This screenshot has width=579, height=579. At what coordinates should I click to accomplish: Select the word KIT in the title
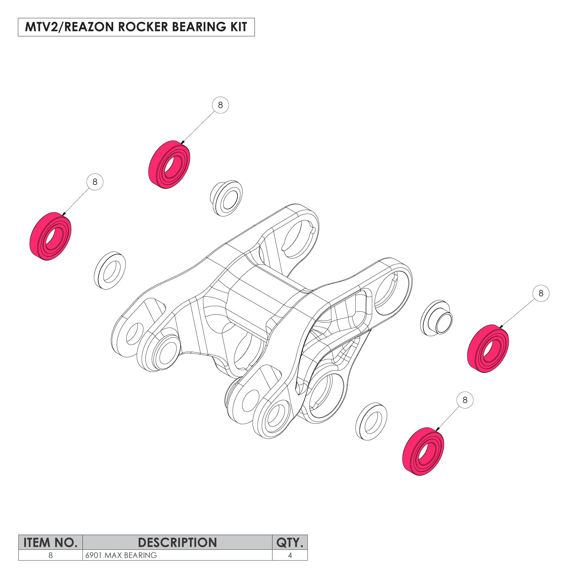[238, 27]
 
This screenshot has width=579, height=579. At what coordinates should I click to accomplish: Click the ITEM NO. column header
[50, 542]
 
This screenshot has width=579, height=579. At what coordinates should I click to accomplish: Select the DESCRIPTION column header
[177, 542]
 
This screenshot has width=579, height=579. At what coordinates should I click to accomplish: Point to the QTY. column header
[289, 542]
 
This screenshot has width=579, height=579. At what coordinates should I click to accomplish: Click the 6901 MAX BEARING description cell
[121, 555]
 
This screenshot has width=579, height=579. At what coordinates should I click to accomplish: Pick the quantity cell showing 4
[290, 555]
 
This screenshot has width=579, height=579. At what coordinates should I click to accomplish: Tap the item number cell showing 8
[50, 555]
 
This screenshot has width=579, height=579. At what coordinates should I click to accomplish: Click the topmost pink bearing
[169, 165]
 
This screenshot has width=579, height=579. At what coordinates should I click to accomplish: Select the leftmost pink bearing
[50, 236]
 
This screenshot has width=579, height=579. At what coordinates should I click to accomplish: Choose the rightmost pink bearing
[488, 348]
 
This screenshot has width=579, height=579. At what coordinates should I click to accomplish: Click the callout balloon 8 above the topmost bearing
[220, 105]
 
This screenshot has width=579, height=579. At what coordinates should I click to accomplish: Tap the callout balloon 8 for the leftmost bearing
[95, 182]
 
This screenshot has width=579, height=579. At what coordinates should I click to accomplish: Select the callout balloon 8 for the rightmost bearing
[541, 293]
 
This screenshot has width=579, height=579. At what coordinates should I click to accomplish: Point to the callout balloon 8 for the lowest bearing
[465, 400]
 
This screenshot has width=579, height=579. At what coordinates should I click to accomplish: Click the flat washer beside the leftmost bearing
[110, 270]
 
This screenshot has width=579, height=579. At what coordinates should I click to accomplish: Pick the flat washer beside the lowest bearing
[371, 421]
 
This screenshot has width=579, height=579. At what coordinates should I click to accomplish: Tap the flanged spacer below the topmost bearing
[227, 198]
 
